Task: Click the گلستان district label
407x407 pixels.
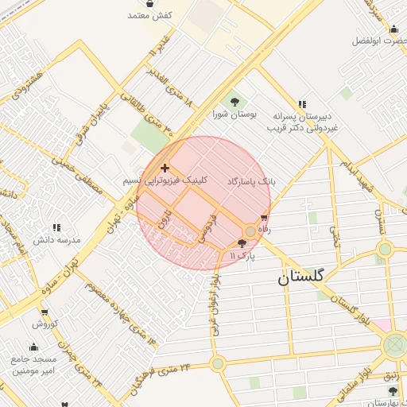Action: [x=300, y=277]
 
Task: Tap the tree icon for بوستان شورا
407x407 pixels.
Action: [x=235, y=101]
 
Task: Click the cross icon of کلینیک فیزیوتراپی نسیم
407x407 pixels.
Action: [x=165, y=168]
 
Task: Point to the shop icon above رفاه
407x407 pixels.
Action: [x=264, y=217]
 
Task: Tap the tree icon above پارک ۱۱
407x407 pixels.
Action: [x=242, y=244]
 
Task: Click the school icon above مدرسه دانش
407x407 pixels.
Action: [x=56, y=228]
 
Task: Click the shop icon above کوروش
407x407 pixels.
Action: [x=41, y=312]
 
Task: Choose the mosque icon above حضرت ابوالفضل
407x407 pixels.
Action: [x=393, y=29]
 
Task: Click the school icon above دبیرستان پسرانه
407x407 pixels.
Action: [x=302, y=104]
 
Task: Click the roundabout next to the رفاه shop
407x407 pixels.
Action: [x=250, y=231]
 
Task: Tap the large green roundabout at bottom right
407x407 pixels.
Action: [x=394, y=346]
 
